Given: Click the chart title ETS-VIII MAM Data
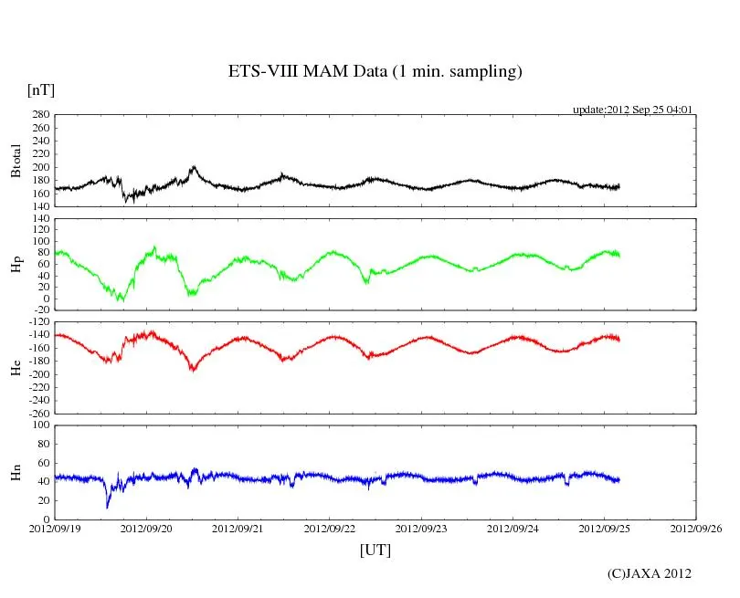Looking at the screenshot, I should point(375,72).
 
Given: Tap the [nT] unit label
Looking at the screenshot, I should point(40,89).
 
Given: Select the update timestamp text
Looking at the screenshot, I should point(632,110).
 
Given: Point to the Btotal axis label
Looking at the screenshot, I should point(16,161).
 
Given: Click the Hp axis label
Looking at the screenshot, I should point(16,265).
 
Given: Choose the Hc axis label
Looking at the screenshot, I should point(16,367).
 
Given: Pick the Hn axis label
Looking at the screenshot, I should point(16,472).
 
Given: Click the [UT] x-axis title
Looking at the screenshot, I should point(375,550).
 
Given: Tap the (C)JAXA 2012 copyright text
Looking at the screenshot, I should point(650,573).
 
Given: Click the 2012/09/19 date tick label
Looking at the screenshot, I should point(55,528).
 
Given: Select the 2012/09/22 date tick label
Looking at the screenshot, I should point(330,528).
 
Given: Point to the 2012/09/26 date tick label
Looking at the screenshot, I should point(696,528).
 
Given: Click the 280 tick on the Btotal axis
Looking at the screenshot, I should point(39,115).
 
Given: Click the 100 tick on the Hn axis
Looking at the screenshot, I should point(39,425).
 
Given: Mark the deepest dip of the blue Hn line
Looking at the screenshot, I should point(108,507).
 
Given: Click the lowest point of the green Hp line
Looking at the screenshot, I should point(121,299).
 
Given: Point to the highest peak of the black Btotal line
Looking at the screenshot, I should point(194,166).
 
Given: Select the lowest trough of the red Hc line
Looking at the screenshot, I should point(193,370).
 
